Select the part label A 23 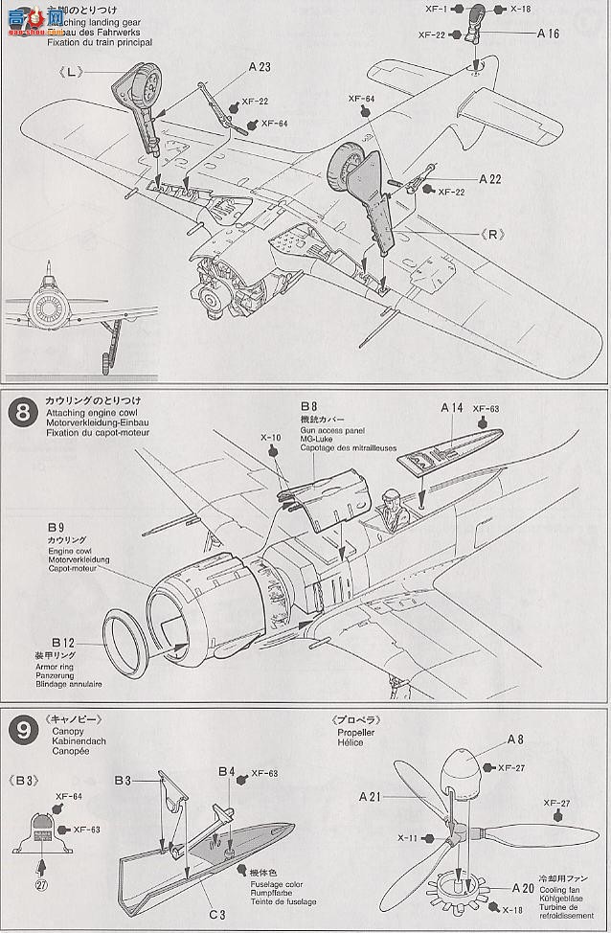233,66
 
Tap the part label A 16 547,34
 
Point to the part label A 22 491,178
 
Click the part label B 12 63,639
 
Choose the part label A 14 452,407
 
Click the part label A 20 523,887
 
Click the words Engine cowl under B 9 67,550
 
